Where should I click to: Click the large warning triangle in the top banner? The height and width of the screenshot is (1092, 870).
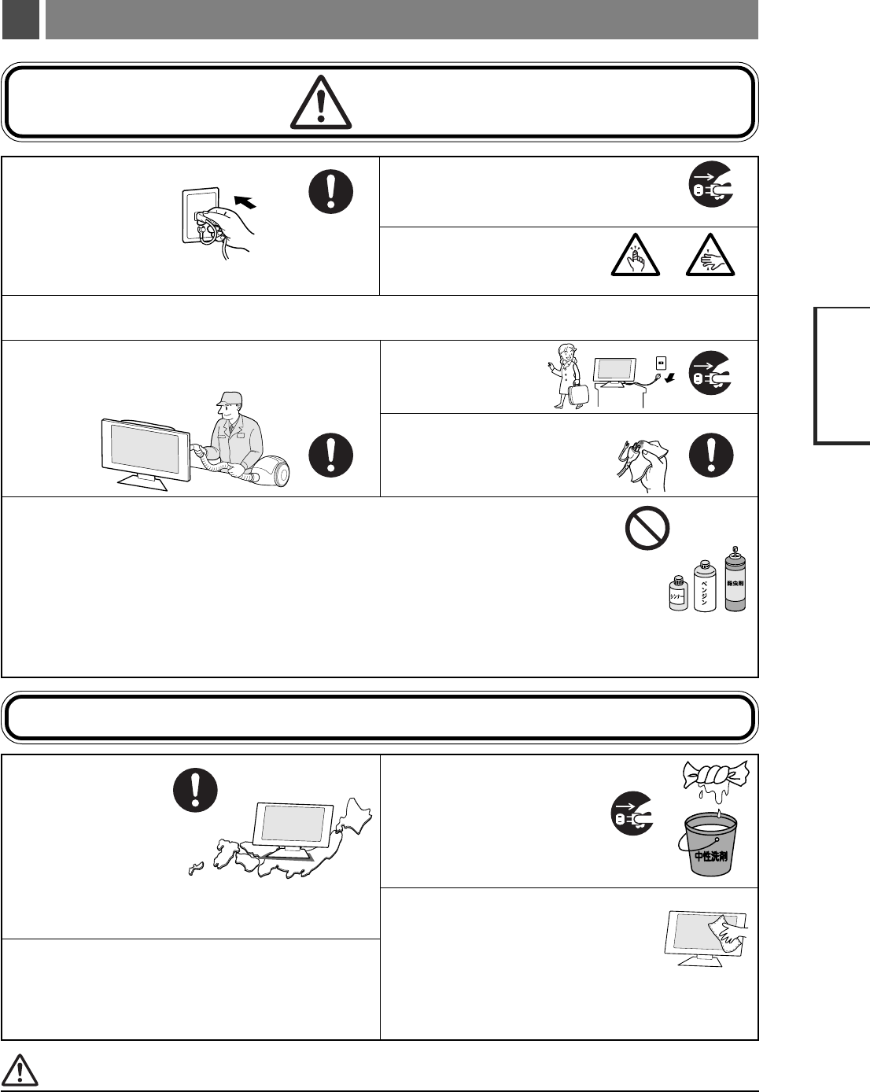click(x=321, y=102)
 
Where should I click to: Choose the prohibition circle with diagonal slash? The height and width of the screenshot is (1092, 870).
click(x=647, y=527)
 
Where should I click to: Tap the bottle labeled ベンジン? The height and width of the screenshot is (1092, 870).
click(x=704, y=585)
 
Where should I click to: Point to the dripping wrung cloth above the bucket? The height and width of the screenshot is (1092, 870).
click(x=712, y=787)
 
